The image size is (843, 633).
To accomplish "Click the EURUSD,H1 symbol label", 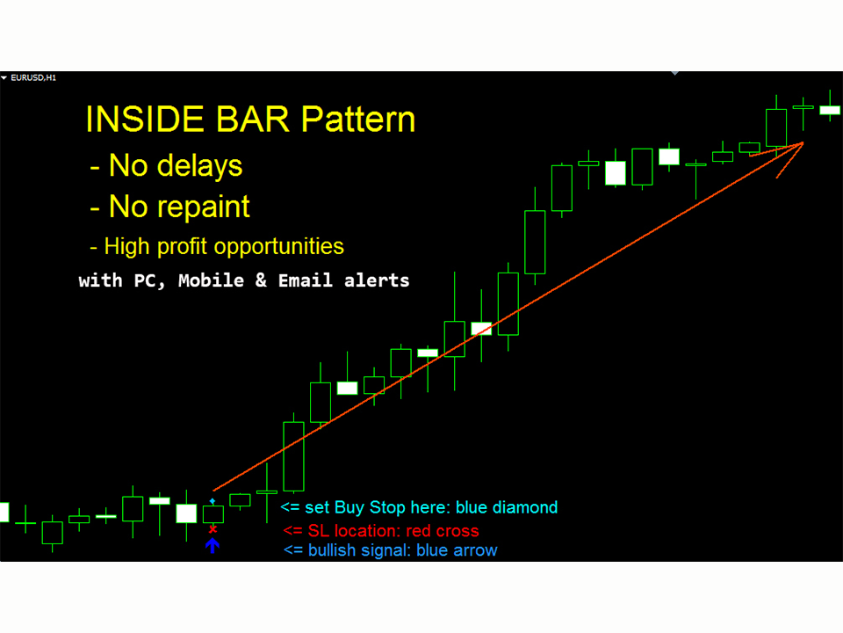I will coord(33,78).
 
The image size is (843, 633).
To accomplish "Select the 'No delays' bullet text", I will coord(166,165).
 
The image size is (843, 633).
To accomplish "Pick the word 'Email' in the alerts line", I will coord(307,281).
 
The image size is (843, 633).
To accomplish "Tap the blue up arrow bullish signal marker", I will coord(212,545).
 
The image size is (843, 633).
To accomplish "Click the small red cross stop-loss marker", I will coord(213,529).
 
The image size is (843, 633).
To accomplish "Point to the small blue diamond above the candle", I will coord(213,499).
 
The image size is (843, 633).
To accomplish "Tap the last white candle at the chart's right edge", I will coord(830,110).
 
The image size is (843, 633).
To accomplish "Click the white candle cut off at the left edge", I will coord(4,512).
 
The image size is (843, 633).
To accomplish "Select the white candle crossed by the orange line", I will coord(481,329).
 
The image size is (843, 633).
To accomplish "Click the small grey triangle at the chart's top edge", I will coord(674,74).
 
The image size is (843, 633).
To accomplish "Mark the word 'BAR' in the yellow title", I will coord(242,120).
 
